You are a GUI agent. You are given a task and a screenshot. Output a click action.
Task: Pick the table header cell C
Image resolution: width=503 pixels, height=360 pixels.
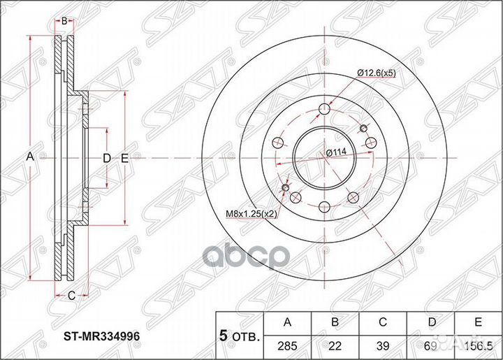click(384, 322)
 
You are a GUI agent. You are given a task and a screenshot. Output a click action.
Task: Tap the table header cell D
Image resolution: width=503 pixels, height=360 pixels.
click(432, 322)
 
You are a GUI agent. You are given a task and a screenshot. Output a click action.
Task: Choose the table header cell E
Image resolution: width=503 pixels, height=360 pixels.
click(479, 322)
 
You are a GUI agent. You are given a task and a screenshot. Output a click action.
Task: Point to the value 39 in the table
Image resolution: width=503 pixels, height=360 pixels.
click(384, 345)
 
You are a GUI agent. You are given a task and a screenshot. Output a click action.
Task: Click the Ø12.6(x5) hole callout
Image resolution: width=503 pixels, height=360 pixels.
click(377, 72)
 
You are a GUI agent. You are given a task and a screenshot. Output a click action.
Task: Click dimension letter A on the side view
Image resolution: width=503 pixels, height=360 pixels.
click(30, 157)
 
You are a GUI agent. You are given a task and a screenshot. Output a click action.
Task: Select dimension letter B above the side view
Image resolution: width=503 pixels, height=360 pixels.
click(64, 22)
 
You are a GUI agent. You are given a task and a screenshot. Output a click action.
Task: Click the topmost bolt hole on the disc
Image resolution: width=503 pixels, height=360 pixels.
click(325, 109)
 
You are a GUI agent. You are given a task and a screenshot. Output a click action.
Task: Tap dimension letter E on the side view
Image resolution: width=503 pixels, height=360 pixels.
click(124, 159)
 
